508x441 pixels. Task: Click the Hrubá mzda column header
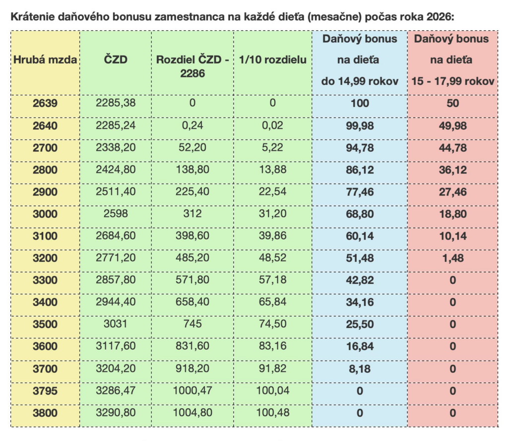[x=45, y=61]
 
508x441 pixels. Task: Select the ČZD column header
[x=116, y=61]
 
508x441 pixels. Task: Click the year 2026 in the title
[x=440, y=16]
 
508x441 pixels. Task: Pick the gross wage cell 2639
[x=45, y=104]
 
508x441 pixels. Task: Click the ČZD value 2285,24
[x=116, y=126]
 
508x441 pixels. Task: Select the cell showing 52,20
[x=192, y=148]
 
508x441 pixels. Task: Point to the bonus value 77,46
[x=360, y=192]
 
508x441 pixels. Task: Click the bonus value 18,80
[x=452, y=214]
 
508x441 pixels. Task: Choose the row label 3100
[x=45, y=236]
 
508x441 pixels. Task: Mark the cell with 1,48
[x=452, y=258]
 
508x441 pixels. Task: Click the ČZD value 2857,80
[x=116, y=280]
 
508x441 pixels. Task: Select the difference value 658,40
[x=192, y=302]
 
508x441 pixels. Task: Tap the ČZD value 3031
[x=116, y=324]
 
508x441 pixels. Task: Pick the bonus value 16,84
[x=360, y=346]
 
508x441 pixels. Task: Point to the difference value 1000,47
[x=192, y=390]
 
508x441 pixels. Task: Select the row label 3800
[x=45, y=413]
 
